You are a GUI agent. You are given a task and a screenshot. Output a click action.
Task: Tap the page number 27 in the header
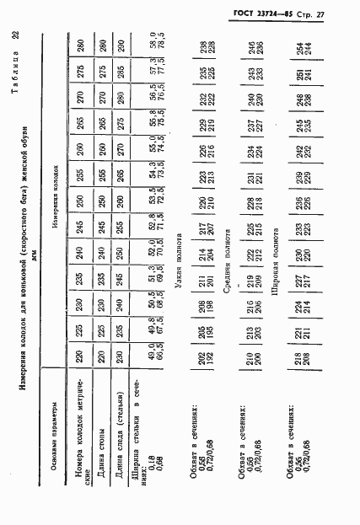(344, 14)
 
